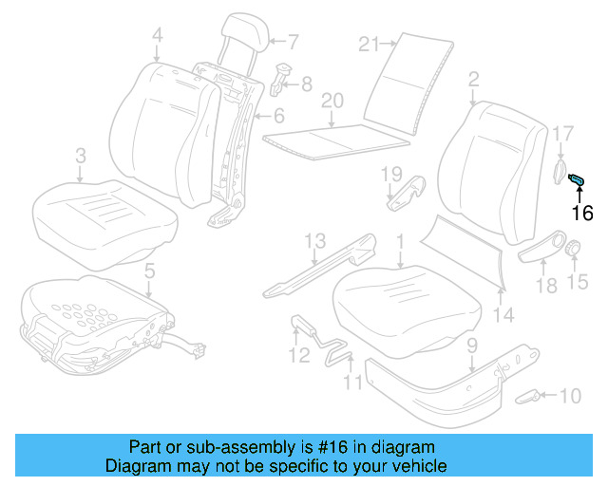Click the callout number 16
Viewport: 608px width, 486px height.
(581, 213)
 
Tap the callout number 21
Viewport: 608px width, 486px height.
(370, 43)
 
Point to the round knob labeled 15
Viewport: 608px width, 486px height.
(575, 251)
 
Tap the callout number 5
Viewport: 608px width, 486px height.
(148, 273)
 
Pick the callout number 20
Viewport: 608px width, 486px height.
(331, 101)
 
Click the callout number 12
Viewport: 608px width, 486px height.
(299, 356)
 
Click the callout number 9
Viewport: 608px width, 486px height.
(471, 347)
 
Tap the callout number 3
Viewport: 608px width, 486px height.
(81, 155)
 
